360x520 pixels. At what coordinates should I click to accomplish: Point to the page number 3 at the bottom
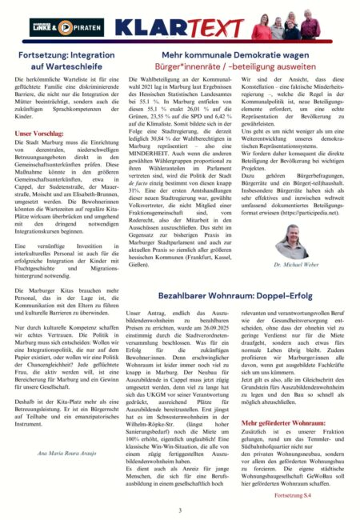[x=180, y=510]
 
